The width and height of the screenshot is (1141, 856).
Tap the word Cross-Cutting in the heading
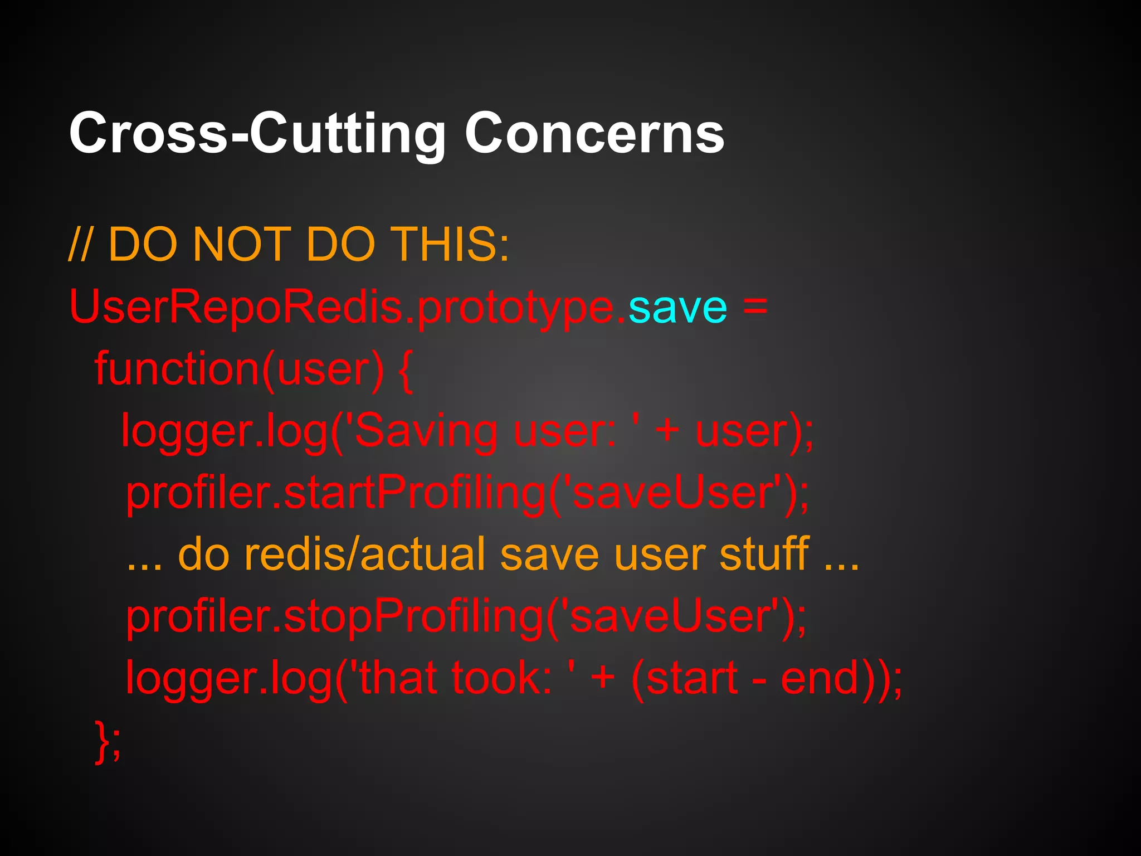tap(257, 134)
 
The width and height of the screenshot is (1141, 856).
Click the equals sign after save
tap(755, 307)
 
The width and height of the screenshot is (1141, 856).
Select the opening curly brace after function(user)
tap(406, 371)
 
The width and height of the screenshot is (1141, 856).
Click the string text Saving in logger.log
tap(426, 432)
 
